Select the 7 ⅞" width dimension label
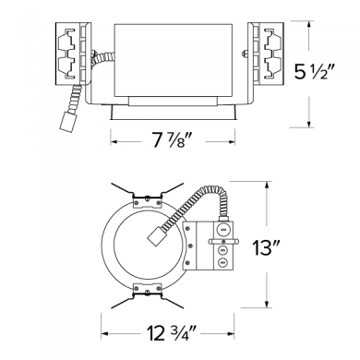[173, 141]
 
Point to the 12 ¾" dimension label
[172, 333]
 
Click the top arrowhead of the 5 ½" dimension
[308, 25]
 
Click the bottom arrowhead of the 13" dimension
[267, 303]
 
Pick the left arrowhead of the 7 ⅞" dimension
[114, 142]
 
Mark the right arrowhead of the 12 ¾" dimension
[230, 333]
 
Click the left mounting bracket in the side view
[73, 54]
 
